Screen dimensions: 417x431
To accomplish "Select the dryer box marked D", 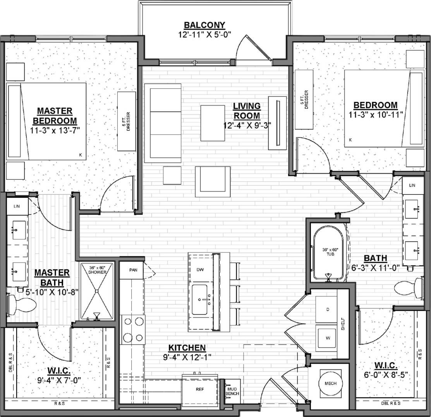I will (328, 309).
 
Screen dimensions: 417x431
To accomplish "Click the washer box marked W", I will (328, 338).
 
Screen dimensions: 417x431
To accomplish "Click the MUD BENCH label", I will (232, 391).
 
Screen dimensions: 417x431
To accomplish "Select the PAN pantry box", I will (131, 270).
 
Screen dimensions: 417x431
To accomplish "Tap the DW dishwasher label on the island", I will (200, 269).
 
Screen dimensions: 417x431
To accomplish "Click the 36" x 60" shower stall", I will (97, 291).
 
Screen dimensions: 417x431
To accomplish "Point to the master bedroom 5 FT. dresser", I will (127, 121).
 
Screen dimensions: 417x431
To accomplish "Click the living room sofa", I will (163, 124).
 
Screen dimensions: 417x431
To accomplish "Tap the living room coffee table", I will (213, 123).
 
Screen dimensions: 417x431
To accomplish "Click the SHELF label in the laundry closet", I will (343, 323).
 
